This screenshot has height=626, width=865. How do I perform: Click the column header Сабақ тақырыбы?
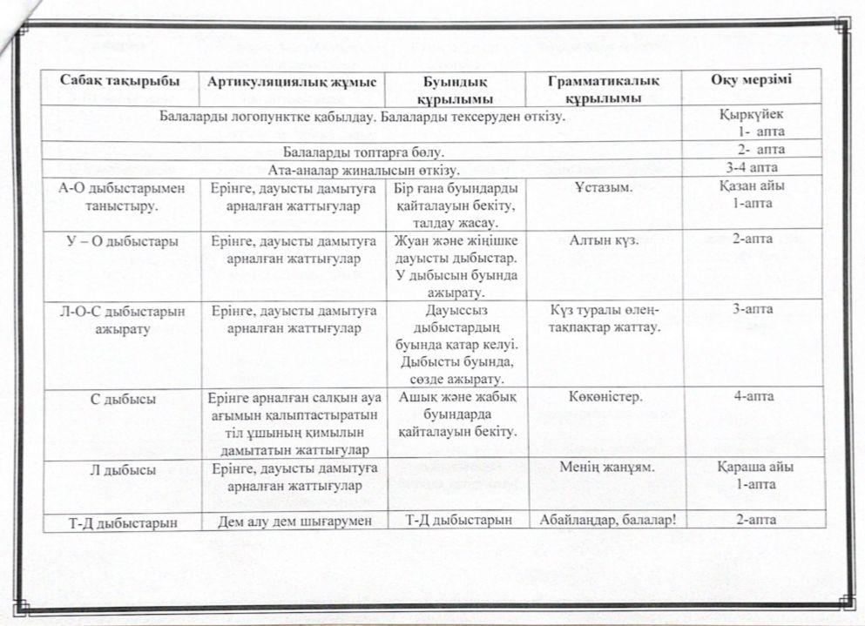(x=120, y=81)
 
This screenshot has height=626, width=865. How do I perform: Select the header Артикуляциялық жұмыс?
(x=292, y=82)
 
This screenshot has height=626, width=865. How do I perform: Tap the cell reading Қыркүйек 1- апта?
(x=751, y=122)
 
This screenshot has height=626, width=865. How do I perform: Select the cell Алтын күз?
(x=602, y=241)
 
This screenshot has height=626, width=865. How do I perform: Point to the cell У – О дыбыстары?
(x=121, y=241)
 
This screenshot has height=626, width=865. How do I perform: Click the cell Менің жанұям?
(x=603, y=468)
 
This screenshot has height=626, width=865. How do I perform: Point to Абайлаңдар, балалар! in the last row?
(x=602, y=522)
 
